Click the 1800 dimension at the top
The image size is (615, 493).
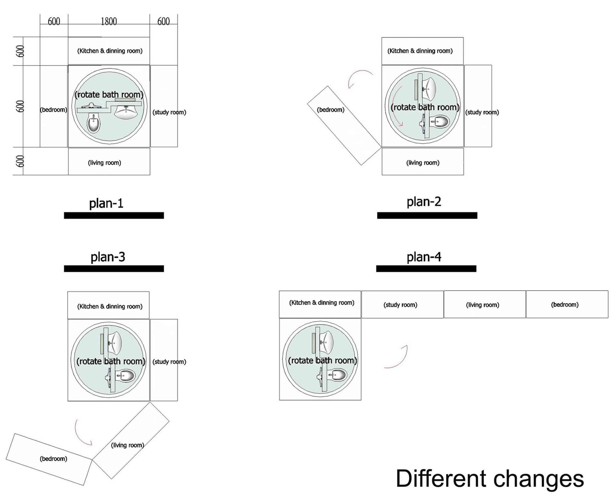tap(109, 21)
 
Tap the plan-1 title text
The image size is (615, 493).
tap(106, 203)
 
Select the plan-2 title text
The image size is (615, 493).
tap(424, 202)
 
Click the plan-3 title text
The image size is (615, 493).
tap(108, 257)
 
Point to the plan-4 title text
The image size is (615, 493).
tap(424, 257)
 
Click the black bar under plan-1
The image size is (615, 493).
tap(114, 216)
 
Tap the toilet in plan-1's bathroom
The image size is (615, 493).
tap(94, 123)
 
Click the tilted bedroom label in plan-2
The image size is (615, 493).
tap(331, 110)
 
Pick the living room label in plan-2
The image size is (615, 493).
tap(423, 163)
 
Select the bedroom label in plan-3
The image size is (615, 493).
tap(53, 459)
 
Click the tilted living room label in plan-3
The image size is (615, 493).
tap(127, 445)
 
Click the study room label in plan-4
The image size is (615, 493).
tap(400, 305)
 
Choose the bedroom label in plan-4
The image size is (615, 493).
tap(565, 305)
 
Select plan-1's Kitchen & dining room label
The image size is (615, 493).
tap(110, 51)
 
